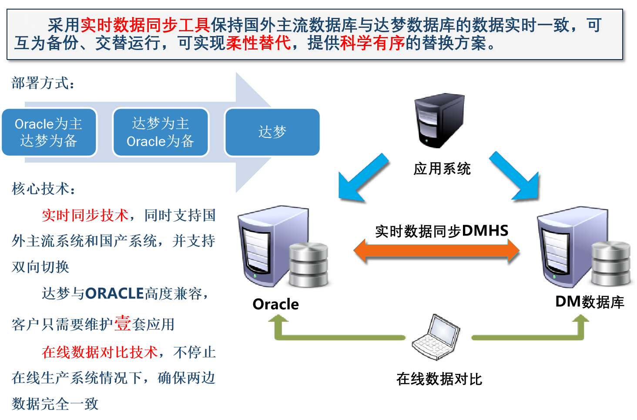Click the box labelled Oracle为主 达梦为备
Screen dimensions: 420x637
49,132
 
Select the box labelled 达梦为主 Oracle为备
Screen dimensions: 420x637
161,132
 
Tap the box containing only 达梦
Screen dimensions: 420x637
272,132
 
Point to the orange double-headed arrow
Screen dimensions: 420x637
436,250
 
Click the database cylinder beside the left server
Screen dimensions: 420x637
308,264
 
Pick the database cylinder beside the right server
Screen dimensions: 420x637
611,263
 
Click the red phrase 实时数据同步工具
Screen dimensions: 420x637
145,25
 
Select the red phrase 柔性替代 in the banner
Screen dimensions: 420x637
258,43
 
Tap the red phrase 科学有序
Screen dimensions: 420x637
372,43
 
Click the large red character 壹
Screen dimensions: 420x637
122,323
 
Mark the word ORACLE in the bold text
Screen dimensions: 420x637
114,294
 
